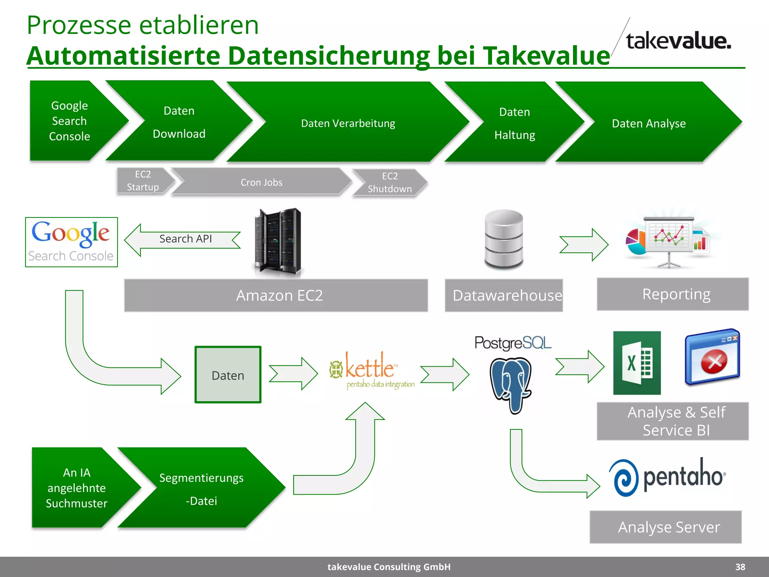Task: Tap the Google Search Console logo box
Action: (x=71, y=242)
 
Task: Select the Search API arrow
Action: (x=184, y=240)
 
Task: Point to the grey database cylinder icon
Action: (x=504, y=240)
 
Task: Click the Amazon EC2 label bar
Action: (x=276, y=295)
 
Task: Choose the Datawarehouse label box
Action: (x=504, y=295)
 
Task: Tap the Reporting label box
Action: (x=672, y=294)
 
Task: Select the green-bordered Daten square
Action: (x=228, y=375)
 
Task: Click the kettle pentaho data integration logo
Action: (x=372, y=370)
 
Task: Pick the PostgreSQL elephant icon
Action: (x=511, y=383)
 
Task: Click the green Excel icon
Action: (x=637, y=363)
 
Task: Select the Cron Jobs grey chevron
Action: (x=261, y=182)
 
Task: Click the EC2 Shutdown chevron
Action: (x=390, y=183)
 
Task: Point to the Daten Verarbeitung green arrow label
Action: (x=348, y=123)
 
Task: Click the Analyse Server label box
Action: (x=665, y=527)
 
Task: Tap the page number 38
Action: (x=740, y=567)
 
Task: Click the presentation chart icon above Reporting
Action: (x=669, y=240)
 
